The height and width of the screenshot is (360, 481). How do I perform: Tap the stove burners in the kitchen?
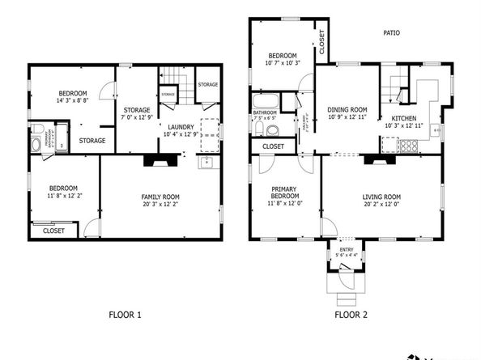coord(409,147)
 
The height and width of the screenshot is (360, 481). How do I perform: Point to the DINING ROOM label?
coord(347,109)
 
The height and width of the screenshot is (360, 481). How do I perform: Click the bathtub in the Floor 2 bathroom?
coord(264,102)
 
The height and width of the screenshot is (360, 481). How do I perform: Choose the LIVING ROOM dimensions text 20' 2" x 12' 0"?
coord(381,204)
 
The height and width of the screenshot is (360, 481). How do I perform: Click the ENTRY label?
coord(345,250)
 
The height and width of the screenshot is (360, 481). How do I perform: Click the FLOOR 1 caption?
coord(126,314)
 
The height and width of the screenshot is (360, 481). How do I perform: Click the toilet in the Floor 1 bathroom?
coord(36,146)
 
